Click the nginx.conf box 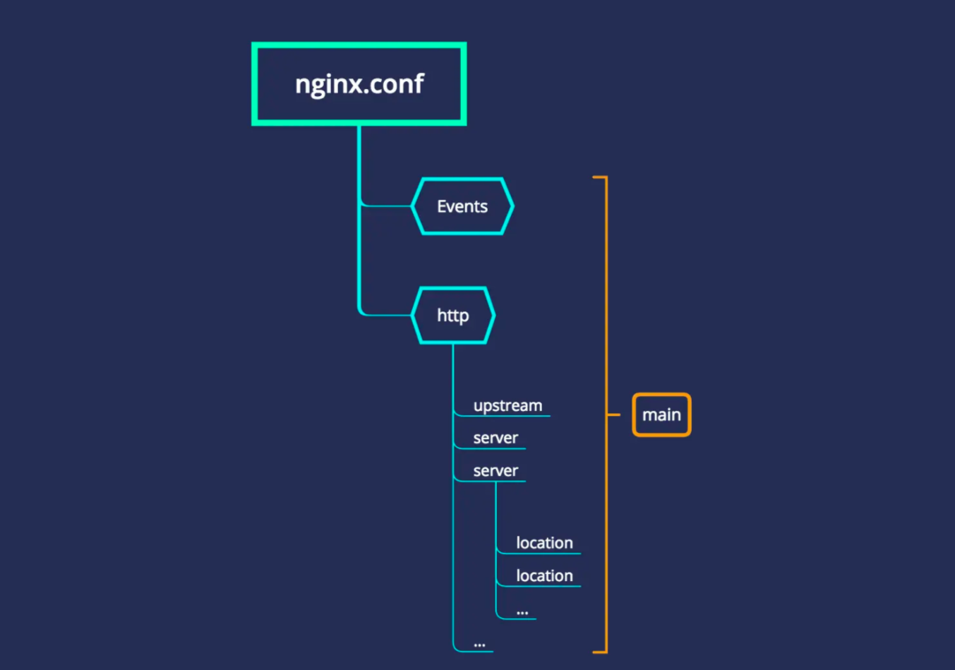coord(359,84)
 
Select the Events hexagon coord(462,206)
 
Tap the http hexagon coord(453,316)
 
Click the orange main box coord(661,415)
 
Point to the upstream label coord(507,406)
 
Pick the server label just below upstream coord(495,438)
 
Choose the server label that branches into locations coord(495,471)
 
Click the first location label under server coord(544,543)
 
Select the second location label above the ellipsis coord(544,576)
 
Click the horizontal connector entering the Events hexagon coord(387,206)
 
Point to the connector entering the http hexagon coord(387,315)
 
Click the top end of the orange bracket coord(599,177)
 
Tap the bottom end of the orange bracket coord(599,652)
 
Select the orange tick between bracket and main coord(614,415)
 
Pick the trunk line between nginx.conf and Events coord(359,162)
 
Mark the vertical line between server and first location coord(496,512)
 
